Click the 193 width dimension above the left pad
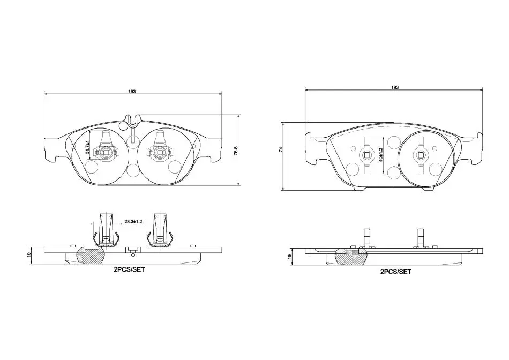[x=131, y=92]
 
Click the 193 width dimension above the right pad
[x=395, y=87]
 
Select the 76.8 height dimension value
[x=236, y=151]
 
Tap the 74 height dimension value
[x=281, y=149]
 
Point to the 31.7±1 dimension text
[x=88, y=147]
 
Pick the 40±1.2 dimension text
[x=381, y=155]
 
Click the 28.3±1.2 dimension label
[x=134, y=222]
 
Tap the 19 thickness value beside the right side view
[x=290, y=257]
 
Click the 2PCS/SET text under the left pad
[x=129, y=269]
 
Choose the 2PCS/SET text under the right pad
[x=396, y=272]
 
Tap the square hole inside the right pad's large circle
[x=421, y=155]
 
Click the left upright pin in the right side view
[x=366, y=238]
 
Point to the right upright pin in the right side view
[x=421, y=238]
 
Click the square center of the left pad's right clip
[x=159, y=152]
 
